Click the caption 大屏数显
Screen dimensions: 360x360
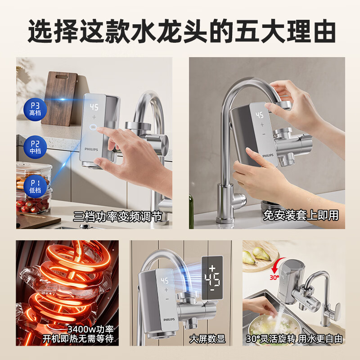(x=207, y=338)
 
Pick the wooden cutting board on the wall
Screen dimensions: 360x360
(x=59, y=97)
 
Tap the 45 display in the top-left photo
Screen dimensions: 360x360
(x=94, y=108)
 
